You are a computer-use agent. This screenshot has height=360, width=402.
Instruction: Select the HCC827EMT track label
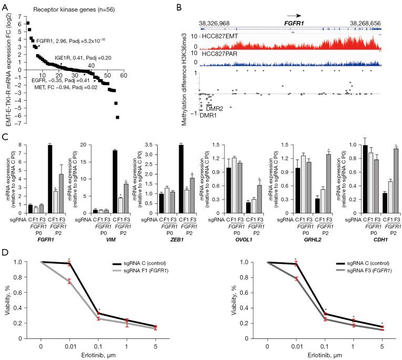(x=221, y=37)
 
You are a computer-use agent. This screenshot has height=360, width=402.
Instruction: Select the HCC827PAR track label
(x=221, y=54)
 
